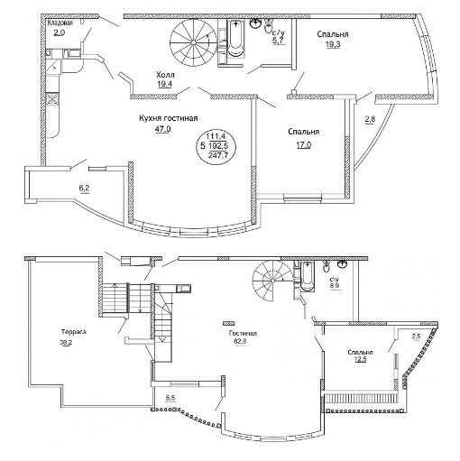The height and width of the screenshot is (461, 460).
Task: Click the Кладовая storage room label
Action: coord(60,23)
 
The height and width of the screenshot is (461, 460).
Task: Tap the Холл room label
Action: coord(165,75)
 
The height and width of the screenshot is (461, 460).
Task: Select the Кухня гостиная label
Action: coord(169,118)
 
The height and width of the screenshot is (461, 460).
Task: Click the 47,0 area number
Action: coord(162,129)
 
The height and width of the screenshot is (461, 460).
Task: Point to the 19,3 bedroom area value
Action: coord(333,44)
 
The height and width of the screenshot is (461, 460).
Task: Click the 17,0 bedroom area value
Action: coord(304,145)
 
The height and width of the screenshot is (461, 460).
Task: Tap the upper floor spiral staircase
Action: coord(193,43)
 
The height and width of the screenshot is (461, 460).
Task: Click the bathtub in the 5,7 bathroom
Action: coord(236,38)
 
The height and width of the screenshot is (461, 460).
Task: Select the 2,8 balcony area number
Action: coord(370,119)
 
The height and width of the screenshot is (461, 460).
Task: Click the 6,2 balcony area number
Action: coord(85,189)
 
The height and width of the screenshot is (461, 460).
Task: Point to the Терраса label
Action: coord(74,332)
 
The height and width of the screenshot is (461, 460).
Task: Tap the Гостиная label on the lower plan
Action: coord(243,334)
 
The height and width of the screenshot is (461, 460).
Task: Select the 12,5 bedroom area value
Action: coord(361,359)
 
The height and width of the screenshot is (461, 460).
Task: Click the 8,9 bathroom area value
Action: coord(335,285)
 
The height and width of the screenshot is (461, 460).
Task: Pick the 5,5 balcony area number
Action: coord(170,398)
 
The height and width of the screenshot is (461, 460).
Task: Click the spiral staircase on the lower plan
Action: coord(272,281)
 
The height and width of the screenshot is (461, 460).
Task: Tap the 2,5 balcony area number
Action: coord(416,337)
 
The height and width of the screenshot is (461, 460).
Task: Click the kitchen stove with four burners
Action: coord(53,99)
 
